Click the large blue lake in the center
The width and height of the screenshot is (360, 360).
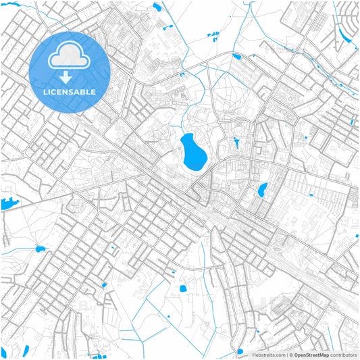[x=192, y=151]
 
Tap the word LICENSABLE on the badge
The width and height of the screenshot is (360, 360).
[x=70, y=92]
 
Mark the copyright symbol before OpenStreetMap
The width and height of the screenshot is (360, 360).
[x=290, y=355]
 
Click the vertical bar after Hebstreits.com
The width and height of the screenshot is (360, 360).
[x=286, y=355]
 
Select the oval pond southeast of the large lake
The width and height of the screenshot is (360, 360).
[x=262, y=190]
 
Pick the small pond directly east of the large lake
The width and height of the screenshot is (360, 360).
[x=236, y=143]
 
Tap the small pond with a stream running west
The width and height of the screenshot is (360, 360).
[x=40, y=249]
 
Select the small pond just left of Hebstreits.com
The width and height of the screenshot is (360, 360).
[x=240, y=351]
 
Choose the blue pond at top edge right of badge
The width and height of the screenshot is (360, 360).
[x=157, y=7]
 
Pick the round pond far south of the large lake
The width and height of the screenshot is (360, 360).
[x=182, y=288]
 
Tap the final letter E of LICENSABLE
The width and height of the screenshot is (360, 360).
[x=93, y=92]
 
